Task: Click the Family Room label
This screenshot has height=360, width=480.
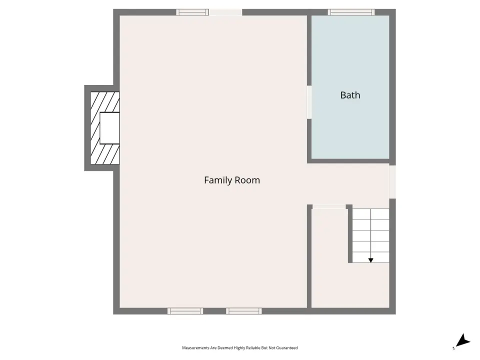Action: [232, 180]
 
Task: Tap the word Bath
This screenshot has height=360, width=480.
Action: [350, 95]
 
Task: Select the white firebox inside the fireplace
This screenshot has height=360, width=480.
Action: [109, 128]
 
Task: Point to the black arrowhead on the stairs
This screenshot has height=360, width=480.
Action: [370, 260]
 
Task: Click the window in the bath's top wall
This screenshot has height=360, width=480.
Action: [351, 12]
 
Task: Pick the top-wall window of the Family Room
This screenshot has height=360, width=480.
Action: [192, 12]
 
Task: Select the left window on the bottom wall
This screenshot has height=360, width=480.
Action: [185, 311]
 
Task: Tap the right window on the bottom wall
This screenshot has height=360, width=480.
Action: [244, 311]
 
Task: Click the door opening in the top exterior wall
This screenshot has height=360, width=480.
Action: [225, 12]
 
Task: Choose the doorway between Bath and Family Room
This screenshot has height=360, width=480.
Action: [309, 102]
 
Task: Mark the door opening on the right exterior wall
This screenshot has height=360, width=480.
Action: [392, 182]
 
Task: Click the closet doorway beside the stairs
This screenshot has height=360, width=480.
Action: [329, 207]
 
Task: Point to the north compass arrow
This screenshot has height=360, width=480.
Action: [463, 340]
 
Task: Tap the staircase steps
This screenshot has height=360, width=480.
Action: [370, 235]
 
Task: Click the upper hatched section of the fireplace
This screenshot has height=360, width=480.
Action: [105, 102]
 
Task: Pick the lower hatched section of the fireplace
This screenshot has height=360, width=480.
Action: [105, 154]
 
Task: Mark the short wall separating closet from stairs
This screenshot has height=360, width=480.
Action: [350, 233]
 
